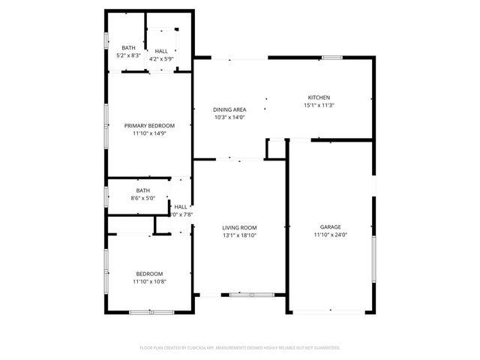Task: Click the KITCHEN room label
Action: [x=319, y=97]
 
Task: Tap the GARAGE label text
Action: [x=331, y=226]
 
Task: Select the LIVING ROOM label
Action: [x=239, y=227]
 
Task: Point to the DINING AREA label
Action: [x=229, y=109]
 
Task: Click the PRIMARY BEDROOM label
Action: [x=149, y=125]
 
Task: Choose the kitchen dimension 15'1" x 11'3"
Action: [x=319, y=105]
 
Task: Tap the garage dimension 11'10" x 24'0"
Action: [x=331, y=235]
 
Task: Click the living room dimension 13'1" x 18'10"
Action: [x=239, y=235]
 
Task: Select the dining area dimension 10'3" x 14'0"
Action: [x=229, y=117]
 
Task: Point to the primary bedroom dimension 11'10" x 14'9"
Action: [x=149, y=133]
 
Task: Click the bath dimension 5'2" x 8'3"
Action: [x=129, y=55]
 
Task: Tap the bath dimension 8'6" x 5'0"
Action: [x=142, y=198]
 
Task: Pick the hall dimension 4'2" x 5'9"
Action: [x=161, y=58]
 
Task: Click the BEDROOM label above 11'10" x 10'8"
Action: [x=149, y=274]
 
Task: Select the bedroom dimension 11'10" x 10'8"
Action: [x=149, y=282]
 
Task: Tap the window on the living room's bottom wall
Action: [x=241, y=295]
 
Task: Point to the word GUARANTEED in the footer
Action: [x=324, y=348]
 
